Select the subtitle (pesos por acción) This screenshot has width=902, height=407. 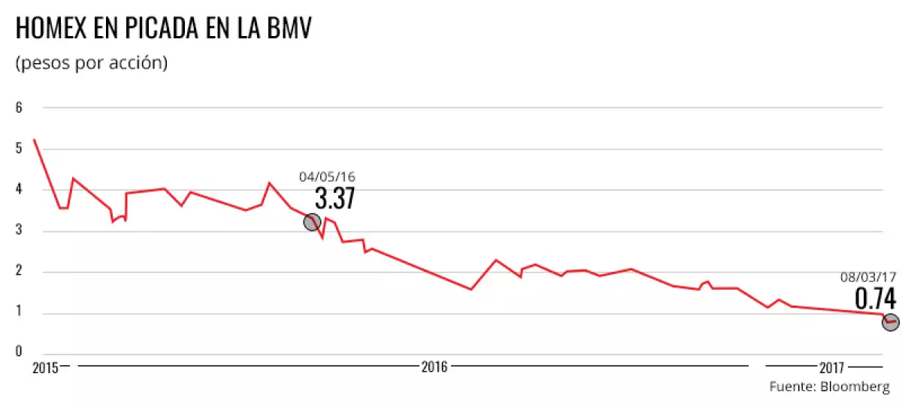91,63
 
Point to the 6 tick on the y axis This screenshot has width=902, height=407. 19,107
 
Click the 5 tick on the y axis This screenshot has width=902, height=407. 19,149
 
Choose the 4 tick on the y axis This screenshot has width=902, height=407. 19,190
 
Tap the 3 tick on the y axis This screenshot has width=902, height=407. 19,231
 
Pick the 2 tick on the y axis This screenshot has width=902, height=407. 19,273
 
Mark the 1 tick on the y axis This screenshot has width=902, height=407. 19,314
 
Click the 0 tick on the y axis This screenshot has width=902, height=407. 19,350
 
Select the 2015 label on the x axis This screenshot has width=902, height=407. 45,368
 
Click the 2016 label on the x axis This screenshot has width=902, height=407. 434,367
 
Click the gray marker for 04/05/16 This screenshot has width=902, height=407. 312,222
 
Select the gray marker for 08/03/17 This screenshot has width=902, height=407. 891,322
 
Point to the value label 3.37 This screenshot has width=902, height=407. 334,199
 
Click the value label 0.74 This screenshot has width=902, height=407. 876,299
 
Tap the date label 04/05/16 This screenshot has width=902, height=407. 327,177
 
